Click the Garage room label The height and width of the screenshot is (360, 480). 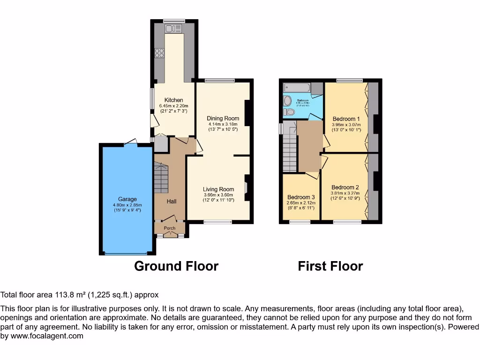[x=127, y=199]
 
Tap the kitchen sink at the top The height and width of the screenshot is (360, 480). [x=170, y=29]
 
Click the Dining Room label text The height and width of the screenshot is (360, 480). [x=223, y=118]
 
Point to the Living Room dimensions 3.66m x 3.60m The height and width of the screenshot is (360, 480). [x=219, y=195]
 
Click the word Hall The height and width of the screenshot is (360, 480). [x=172, y=201]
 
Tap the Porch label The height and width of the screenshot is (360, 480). [x=169, y=228]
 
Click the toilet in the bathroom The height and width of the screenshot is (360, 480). [x=289, y=112]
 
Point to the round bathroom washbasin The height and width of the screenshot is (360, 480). [x=287, y=100]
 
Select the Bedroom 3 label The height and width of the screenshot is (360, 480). [x=301, y=197]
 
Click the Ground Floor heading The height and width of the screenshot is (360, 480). [x=176, y=266]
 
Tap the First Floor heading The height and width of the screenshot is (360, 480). [x=330, y=266]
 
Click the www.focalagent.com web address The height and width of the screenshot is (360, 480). [x=47, y=336]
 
